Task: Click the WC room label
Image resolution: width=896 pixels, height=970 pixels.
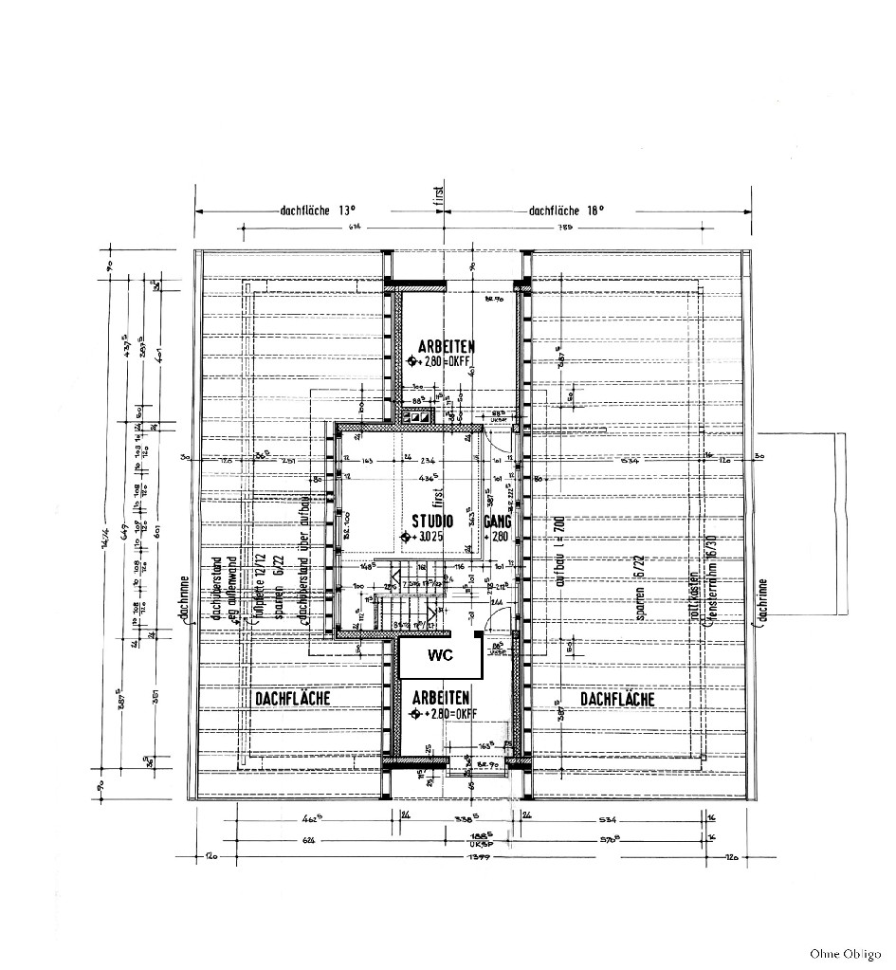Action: click(x=440, y=656)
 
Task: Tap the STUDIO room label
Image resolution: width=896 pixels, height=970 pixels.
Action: click(x=431, y=521)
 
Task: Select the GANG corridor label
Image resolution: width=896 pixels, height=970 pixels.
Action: click(x=498, y=522)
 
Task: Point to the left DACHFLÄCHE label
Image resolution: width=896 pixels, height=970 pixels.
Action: click(x=292, y=698)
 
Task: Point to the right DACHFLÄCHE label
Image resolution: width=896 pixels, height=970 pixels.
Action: click(x=617, y=699)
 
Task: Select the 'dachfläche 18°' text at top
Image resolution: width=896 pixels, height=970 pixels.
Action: click(x=566, y=211)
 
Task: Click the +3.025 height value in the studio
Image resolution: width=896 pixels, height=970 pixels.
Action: click(x=430, y=537)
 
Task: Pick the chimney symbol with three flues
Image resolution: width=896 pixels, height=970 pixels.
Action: click(x=416, y=415)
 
